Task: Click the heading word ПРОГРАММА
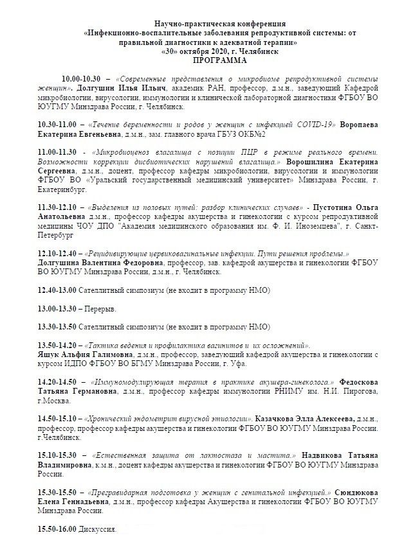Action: point(200,59)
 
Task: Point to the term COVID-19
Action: point(311,123)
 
